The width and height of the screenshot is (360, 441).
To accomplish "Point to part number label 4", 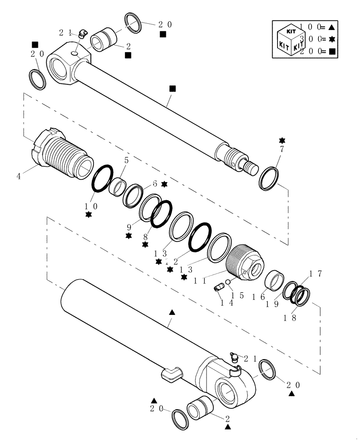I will [19, 176].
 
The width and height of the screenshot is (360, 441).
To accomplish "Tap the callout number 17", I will [316, 274].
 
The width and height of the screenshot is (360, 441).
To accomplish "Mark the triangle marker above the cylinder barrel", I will [172, 312].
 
